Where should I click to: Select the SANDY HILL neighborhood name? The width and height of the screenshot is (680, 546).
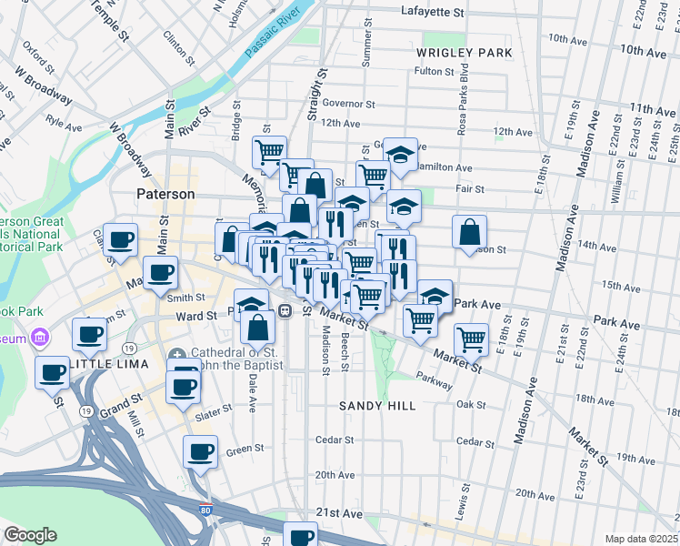(x=377, y=406)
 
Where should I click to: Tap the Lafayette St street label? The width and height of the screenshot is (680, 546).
(x=433, y=13)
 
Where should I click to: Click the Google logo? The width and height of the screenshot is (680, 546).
(x=30, y=535)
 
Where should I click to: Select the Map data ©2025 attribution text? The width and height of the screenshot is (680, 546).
(x=640, y=538)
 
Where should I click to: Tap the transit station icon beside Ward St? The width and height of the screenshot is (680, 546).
(x=285, y=311)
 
